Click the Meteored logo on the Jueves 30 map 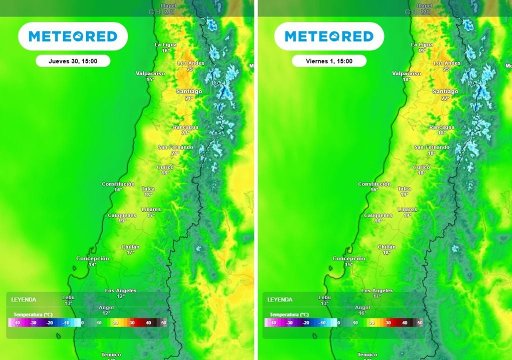click(x=73, y=36)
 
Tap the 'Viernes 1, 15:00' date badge click(x=329, y=61)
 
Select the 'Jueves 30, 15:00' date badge click(x=73, y=61)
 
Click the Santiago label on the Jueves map click(x=189, y=91)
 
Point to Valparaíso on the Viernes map click(x=406, y=73)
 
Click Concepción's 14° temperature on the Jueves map click(x=92, y=264)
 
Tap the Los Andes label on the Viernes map click(x=446, y=63)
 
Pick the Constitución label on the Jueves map click(x=118, y=184)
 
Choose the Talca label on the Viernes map click(x=404, y=189)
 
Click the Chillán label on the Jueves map click(x=130, y=247)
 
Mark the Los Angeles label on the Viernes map click(x=376, y=290)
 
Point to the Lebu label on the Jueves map click(x=68, y=297)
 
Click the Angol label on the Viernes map click(x=362, y=307)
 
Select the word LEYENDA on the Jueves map click(x=23, y=299)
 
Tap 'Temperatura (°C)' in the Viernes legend click(x=288, y=314)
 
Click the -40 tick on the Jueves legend click(x=17, y=323)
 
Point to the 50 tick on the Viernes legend click(x=420, y=323)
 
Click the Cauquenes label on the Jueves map click(x=122, y=215)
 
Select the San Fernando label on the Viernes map click(x=431, y=147)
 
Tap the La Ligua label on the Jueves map click(x=166, y=44)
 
